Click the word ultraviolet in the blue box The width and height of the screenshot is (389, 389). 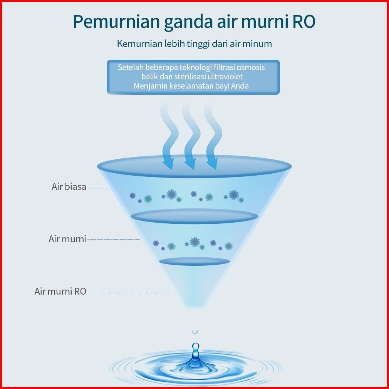tap(224, 77)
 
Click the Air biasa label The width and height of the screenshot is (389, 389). tap(69, 187)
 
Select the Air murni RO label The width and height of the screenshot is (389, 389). tap(60, 291)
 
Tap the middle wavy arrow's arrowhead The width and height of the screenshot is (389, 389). tap(190, 164)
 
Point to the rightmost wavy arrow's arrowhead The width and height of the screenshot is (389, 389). tap(211, 164)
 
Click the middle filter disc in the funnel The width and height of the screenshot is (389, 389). tap(194, 216)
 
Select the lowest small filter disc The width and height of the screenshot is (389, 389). tap(194, 261)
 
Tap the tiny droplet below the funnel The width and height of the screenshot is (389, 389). tap(195, 331)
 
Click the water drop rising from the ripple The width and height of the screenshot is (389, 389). tap(196, 349)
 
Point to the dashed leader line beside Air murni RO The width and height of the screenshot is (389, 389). tap(131, 293)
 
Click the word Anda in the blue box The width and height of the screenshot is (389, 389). tap(240, 86)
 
